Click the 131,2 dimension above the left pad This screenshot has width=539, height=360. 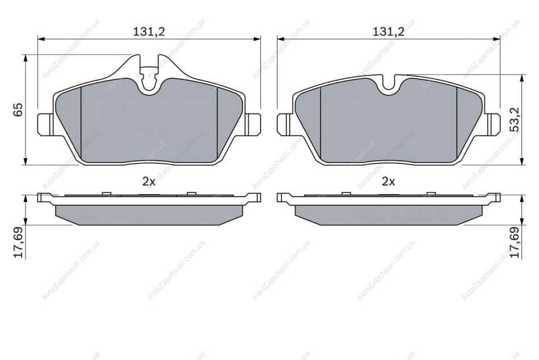(149, 32)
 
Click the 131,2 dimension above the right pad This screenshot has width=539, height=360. (389, 32)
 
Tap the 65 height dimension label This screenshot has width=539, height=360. (18, 110)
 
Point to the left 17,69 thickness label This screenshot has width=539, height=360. (18, 242)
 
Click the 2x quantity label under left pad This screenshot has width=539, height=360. (149, 182)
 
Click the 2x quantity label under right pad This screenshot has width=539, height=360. (389, 182)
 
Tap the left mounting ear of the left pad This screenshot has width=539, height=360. (45, 124)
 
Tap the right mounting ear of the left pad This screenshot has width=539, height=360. (252, 124)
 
